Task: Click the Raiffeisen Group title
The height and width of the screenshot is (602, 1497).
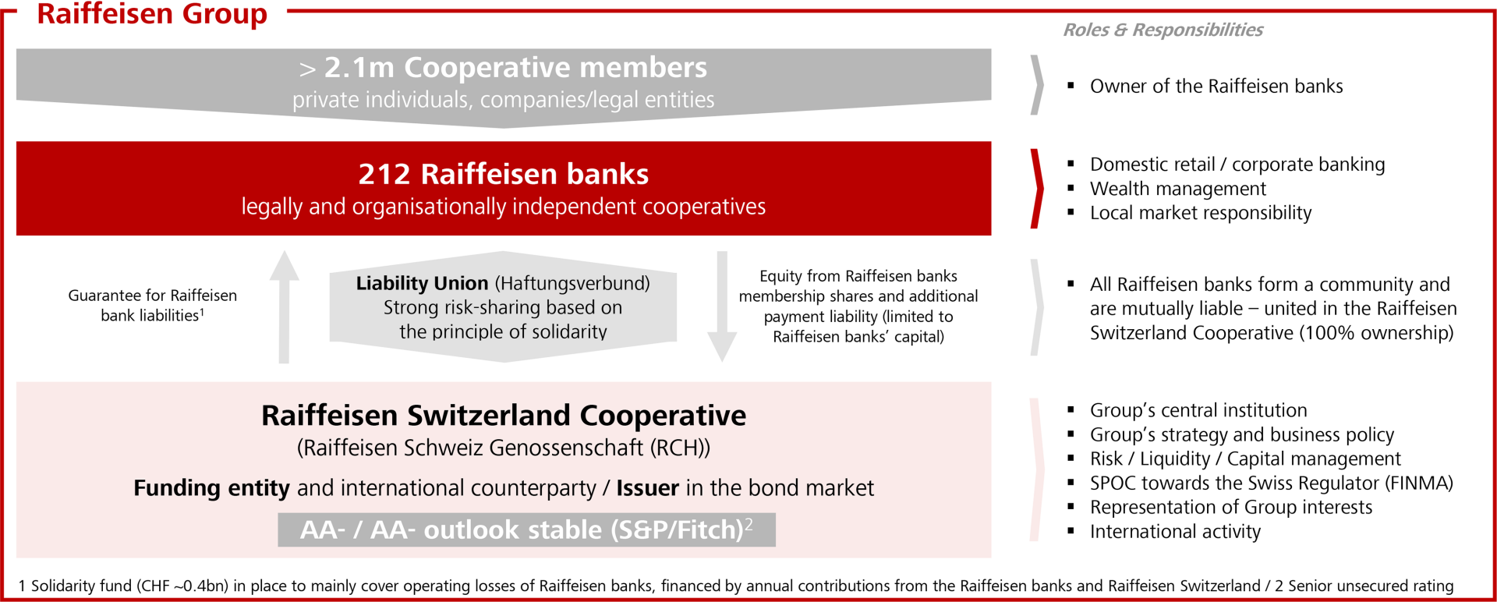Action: (x=152, y=14)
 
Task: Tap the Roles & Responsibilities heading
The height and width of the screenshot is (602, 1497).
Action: (x=1163, y=30)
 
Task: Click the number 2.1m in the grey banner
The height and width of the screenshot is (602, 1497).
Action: (x=359, y=68)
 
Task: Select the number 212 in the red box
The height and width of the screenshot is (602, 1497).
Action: (x=384, y=174)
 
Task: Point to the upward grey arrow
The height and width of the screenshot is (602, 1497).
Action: (x=285, y=306)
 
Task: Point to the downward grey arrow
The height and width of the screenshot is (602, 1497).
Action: (x=722, y=306)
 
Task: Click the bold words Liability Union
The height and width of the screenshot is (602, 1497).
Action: (x=422, y=283)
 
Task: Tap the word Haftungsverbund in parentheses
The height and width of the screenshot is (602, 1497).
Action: (x=572, y=283)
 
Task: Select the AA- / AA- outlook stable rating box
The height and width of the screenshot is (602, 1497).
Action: (x=526, y=529)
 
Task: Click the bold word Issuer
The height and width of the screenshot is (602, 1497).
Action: (x=647, y=488)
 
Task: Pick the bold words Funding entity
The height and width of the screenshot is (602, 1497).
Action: (x=211, y=488)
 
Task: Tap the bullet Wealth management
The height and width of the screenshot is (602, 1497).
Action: (x=1177, y=189)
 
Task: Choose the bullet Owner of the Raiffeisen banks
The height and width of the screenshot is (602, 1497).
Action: (x=1216, y=86)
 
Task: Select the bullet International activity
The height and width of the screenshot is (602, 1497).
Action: (x=1175, y=532)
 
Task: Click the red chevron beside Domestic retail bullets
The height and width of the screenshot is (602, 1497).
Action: (x=1037, y=188)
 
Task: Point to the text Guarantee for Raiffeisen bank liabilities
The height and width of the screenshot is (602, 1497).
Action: (x=153, y=306)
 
